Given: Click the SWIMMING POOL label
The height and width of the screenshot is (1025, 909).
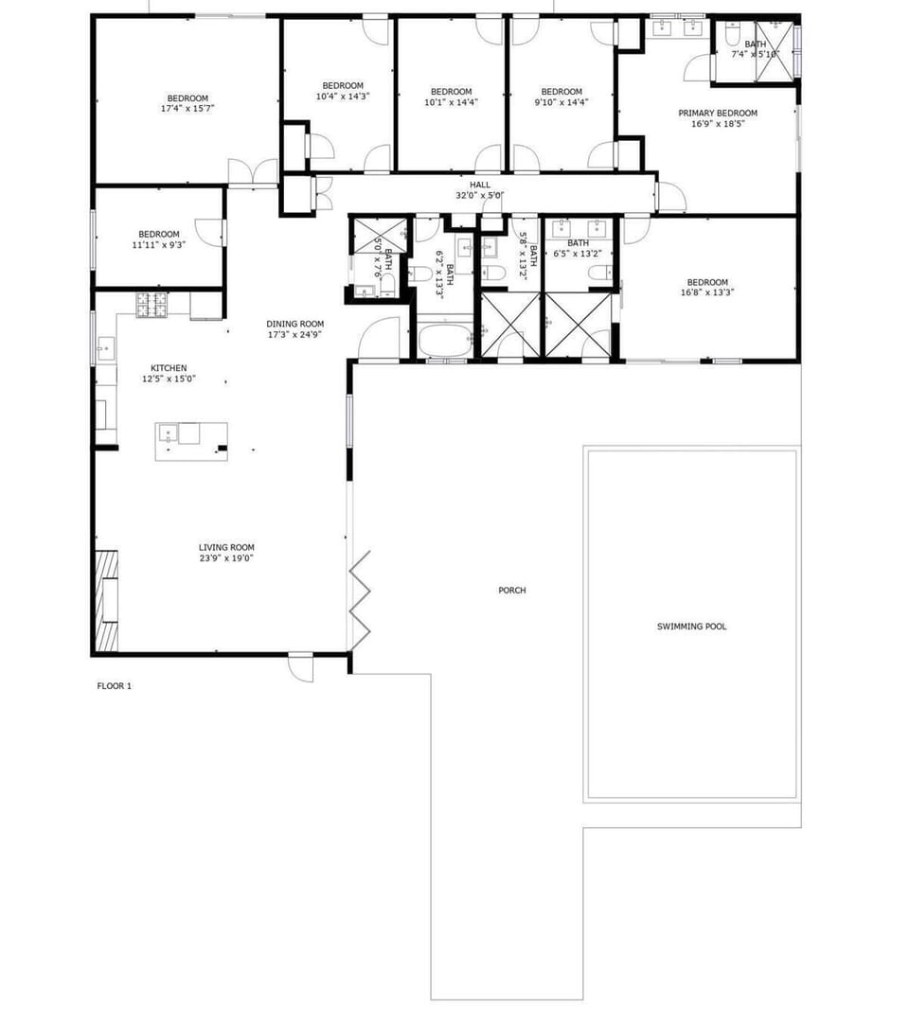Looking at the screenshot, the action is pyautogui.click(x=691, y=627).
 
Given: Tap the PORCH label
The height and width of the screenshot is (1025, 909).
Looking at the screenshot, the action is pyautogui.click(x=512, y=591).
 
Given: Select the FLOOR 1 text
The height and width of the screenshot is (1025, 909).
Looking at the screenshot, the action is pyautogui.click(x=115, y=686).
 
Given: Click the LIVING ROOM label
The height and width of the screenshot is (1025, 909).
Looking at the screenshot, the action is pyautogui.click(x=227, y=548).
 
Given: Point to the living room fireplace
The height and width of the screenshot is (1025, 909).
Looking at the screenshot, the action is pyautogui.click(x=107, y=601).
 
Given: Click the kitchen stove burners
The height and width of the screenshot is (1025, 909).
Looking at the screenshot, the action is pyautogui.click(x=151, y=305).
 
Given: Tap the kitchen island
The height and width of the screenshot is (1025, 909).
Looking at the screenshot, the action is pyautogui.click(x=191, y=442).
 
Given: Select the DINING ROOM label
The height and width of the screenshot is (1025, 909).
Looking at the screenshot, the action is pyautogui.click(x=294, y=324).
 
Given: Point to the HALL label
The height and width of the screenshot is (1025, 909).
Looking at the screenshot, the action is pyautogui.click(x=480, y=185).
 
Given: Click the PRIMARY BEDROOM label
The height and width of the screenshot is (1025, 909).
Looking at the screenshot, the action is pyautogui.click(x=718, y=113).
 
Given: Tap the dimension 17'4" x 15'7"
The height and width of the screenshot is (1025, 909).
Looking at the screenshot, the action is pyautogui.click(x=187, y=109).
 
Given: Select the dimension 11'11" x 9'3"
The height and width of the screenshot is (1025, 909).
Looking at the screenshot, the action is pyautogui.click(x=159, y=245).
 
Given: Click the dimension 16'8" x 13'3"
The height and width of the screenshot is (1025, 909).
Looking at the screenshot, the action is pyautogui.click(x=707, y=292).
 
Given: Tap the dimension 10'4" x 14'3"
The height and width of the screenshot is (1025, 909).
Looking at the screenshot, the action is pyautogui.click(x=343, y=97).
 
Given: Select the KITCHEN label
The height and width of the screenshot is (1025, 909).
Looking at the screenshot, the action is pyautogui.click(x=169, y=368).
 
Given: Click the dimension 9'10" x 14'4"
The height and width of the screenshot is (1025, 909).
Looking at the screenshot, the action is pyautogui.click(x=561, y=102).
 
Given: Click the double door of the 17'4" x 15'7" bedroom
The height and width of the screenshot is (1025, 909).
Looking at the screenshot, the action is pyautogui.click(x=253, y=173).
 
